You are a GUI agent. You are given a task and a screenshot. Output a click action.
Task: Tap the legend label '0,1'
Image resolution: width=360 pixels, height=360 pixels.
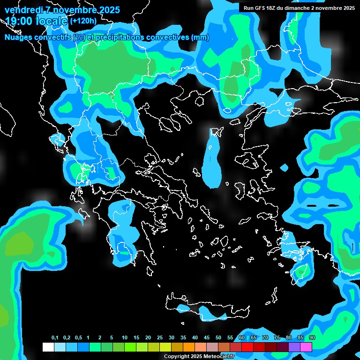55,338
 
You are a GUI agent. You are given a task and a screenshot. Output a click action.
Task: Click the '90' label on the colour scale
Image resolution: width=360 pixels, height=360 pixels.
312,338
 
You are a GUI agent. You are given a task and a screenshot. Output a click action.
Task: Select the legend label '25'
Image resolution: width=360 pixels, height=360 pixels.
160,338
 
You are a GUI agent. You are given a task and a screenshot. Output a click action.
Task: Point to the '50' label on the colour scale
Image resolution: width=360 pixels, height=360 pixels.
218,338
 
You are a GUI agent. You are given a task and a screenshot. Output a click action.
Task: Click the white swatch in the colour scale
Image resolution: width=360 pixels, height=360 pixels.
48,347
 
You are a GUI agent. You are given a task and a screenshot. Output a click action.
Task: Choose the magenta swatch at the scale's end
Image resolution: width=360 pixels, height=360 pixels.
306,347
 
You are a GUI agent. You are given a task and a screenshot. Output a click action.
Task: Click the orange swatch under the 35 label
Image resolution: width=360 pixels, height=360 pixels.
188,347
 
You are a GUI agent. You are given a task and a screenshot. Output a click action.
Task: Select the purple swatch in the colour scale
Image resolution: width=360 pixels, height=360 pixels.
294,347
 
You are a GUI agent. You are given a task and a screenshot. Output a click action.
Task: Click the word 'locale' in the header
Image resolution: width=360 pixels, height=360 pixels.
51,21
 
